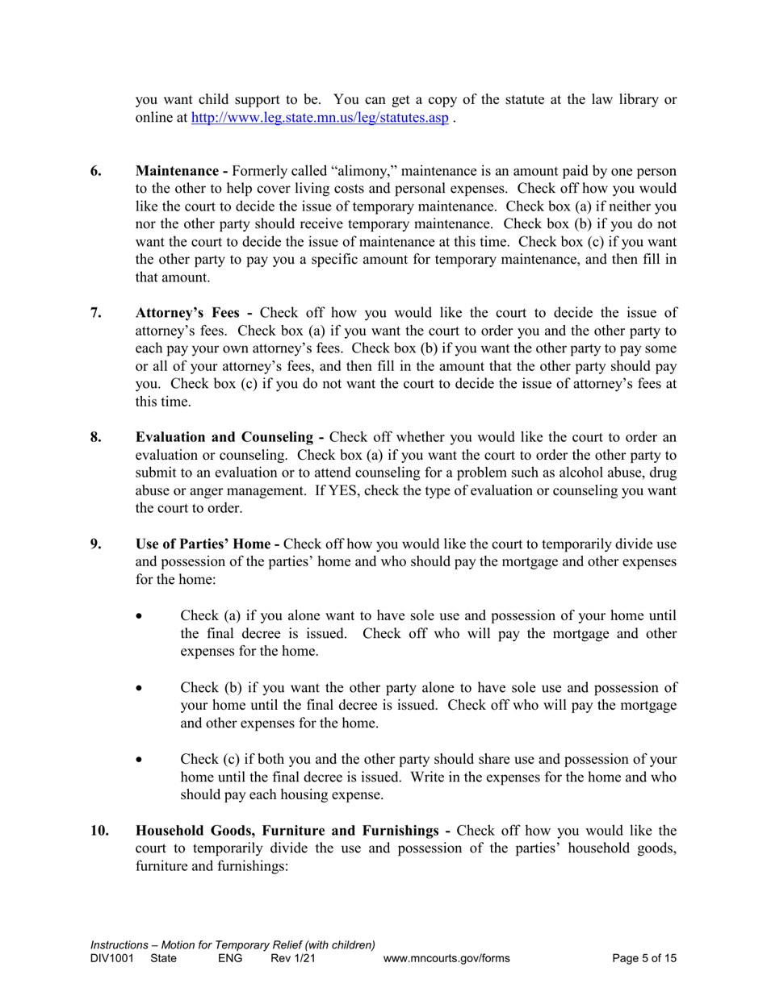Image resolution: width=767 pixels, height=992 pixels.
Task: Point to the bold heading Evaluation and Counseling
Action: click(228, 438)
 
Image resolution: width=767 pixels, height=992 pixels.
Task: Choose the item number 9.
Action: click(96, 544)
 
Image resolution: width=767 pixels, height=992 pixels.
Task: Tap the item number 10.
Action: click(99, 831)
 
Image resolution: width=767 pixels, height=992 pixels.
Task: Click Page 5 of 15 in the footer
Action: click(644, 959)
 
